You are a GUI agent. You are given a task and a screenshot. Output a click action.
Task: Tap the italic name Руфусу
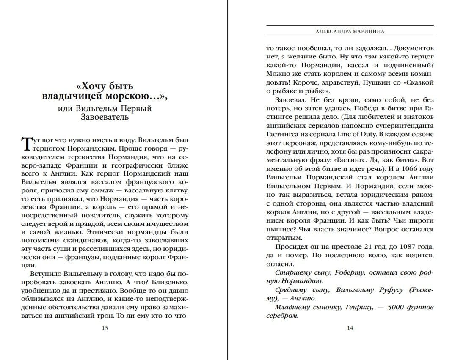[x=380, y=290]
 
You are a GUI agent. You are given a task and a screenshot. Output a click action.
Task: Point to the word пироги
[x=419, y=220]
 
